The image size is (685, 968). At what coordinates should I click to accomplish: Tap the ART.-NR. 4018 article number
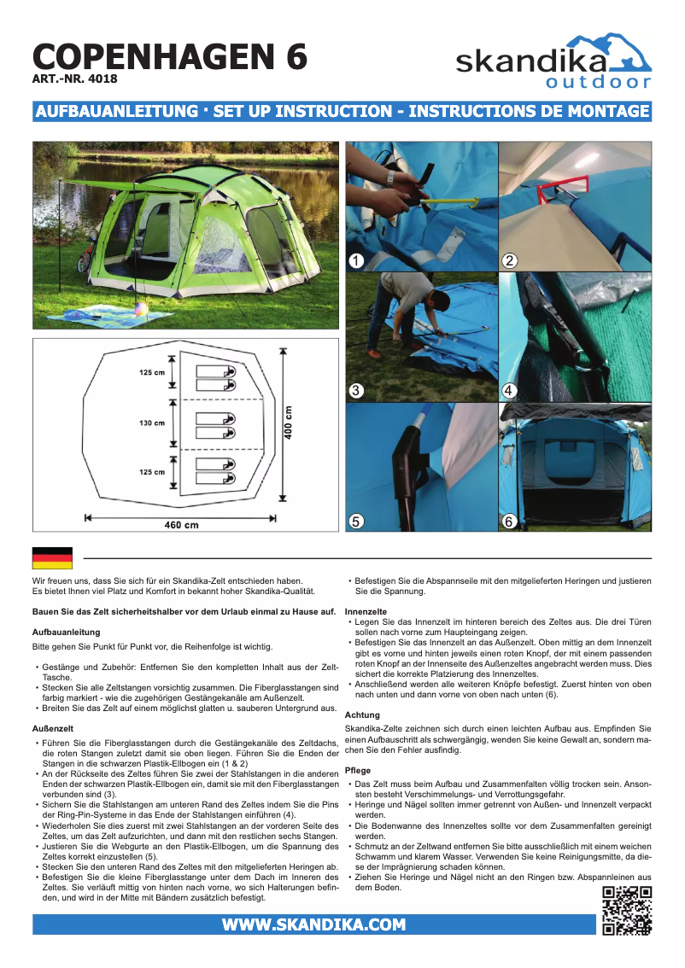pos(74,79)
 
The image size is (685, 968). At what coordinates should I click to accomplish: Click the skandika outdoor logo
pos(553,61)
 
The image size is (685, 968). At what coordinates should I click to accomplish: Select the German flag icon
pos(52,558)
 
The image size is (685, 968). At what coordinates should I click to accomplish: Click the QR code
pos(627,911)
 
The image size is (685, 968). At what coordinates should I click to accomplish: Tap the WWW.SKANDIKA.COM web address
pos(313,924)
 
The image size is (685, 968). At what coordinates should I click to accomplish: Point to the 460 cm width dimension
pos(181,524)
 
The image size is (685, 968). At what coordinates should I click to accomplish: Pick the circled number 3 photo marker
pos(357,391)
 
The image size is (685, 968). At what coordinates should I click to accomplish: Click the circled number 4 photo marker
pos(509,391)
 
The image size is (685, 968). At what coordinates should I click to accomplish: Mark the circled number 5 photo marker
pos(357,521)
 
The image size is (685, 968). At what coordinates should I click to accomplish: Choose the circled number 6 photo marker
pos(509,521)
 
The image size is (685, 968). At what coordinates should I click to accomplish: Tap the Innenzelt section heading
pos(366,612)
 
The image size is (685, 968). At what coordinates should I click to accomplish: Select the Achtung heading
pos(362,714)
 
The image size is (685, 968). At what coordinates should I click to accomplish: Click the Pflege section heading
pos(358,771)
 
